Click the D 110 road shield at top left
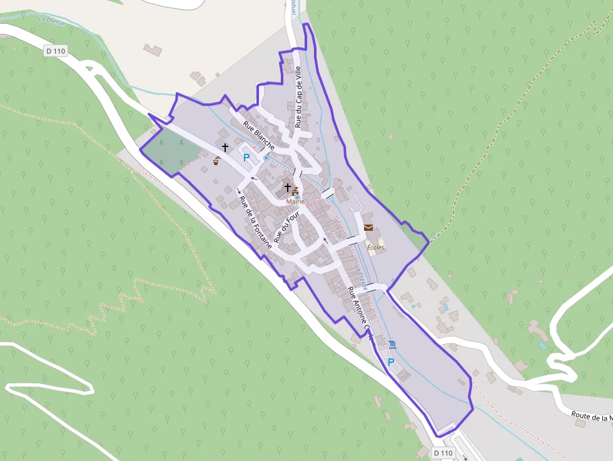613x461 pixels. click(x=56, y=51)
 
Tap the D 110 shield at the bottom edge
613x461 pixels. click(x=443, y=452)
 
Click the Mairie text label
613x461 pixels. click(x=295, y=201)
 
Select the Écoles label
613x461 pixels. click(x=375, y=247)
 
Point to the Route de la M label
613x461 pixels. click(x=591, y=417)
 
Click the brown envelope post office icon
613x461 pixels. click(x=368, y=228)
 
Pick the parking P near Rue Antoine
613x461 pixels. click(x=392, y=362)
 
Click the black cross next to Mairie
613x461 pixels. click(x=288, y=187)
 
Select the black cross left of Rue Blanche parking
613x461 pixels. click(x=225, y=147)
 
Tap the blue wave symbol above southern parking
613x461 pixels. click(x=392, y=345)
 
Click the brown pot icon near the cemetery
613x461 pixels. click(x=216, y=161)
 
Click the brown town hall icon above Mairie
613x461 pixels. click(x=295, y=191)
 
